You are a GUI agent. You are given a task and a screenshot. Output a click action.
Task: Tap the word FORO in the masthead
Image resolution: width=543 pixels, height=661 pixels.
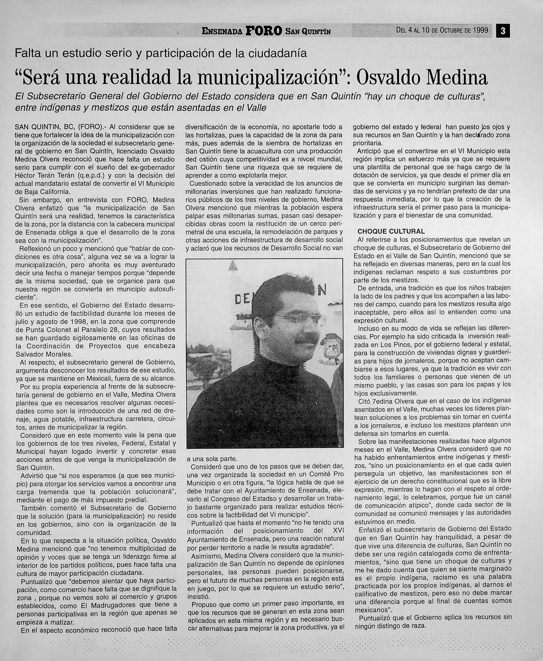click(264, 31)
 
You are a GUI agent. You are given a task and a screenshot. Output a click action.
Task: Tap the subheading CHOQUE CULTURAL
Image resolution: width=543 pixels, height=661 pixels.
click(391, 232)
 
